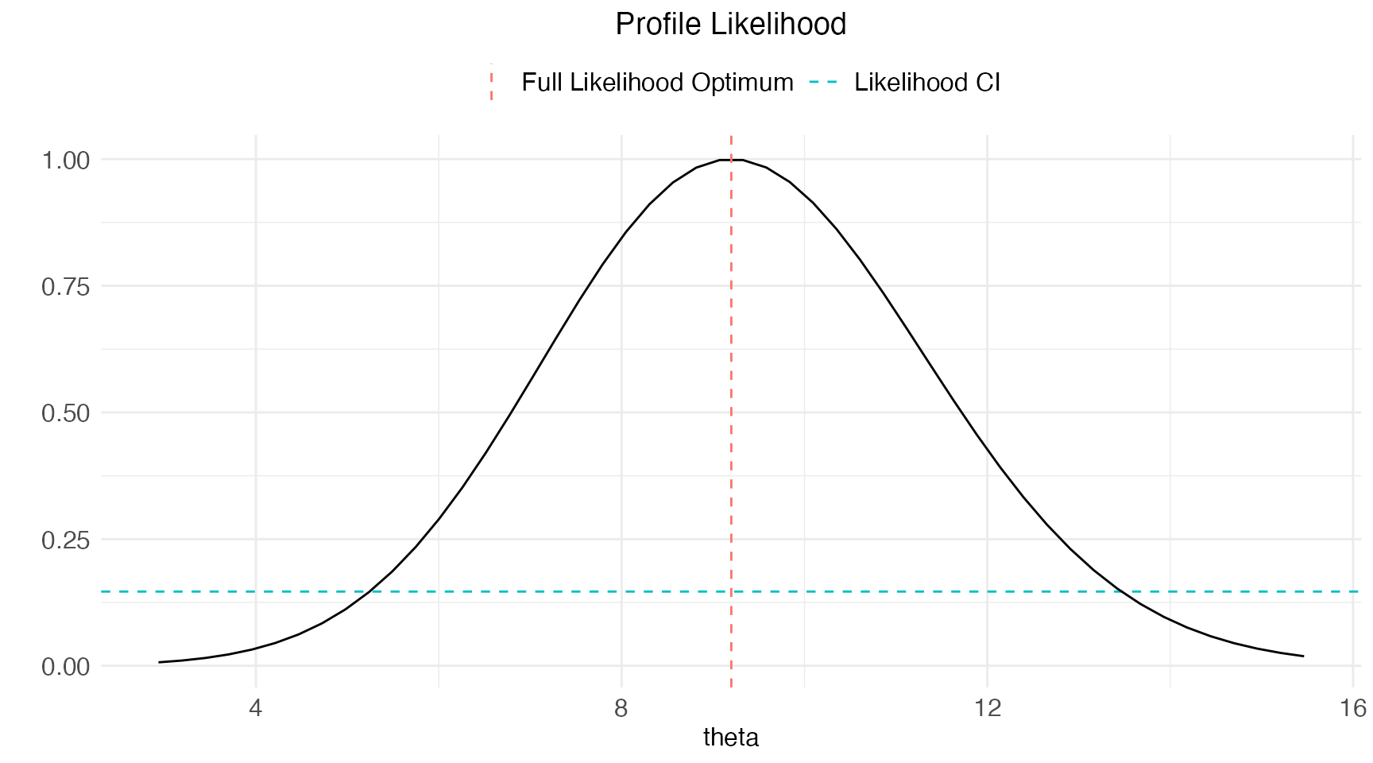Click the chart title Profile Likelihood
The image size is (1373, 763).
pos(730,25)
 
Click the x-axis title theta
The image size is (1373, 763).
pos(730,738)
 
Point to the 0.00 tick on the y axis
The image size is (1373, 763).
pos(66,666)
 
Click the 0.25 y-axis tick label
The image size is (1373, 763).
pos(66,540)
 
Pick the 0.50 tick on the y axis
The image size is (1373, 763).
pos(66,413)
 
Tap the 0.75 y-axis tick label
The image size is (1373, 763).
pos(66,286)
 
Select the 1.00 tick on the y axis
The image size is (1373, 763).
pos(66,160)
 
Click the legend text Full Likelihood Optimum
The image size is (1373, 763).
pos(657,83)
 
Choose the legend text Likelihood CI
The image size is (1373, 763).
pos(926,83)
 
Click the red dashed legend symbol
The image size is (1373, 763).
pos(492,83)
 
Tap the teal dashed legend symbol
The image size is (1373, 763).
pos(823,83)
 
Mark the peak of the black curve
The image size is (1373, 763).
pos(731,160)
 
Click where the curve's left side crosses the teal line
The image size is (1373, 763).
pos(365,591)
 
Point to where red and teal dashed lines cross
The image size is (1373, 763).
pos(731,591)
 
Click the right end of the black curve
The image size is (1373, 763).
pos(1303,656)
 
